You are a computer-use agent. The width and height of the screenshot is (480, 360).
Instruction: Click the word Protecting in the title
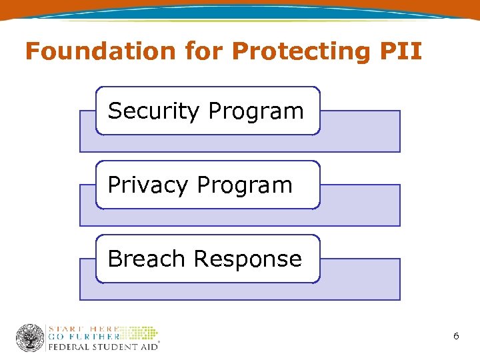(x=274, y=51)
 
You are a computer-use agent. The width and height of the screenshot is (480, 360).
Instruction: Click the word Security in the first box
(x=154, y=111)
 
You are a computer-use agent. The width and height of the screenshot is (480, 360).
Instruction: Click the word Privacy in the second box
(x=148, y=185)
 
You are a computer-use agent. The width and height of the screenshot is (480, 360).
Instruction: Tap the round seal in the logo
(x=30, y=338)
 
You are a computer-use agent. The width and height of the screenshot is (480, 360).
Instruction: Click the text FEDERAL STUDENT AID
(x=102, y=346)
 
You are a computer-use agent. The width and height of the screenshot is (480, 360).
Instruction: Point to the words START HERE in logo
(x=83, y=329)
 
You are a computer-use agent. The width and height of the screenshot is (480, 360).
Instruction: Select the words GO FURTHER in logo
(x=83, y=337)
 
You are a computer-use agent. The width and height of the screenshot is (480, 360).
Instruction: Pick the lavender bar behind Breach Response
(x=360, y=279)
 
